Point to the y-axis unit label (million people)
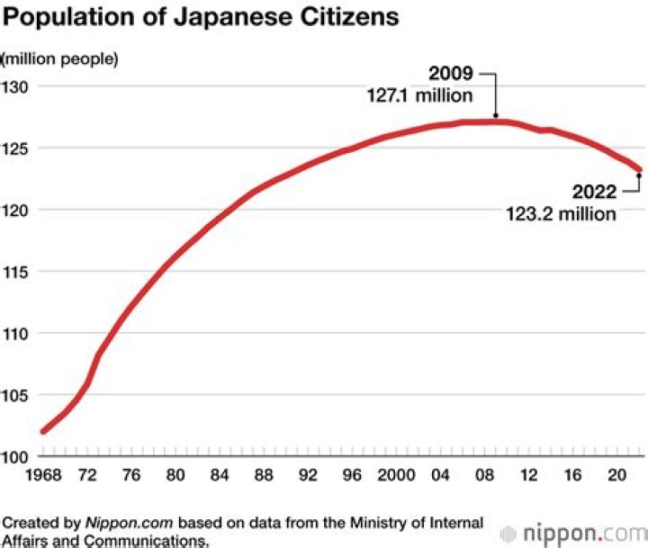60,59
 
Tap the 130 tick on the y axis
15,87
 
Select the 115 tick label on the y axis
15,272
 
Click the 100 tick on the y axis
15,456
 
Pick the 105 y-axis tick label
15,395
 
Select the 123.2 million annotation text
561,213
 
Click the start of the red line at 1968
43,431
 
